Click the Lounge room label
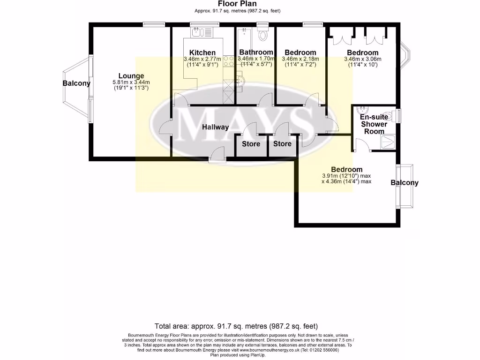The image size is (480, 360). click(131, 76)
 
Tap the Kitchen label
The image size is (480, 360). click(202, 52)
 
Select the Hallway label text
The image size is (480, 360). click(216, 127)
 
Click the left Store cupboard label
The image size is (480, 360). click(251, 144)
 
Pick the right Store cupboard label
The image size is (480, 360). click(282, 144)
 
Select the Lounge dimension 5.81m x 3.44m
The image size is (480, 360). click(131, 82)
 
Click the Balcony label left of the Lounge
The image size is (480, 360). click(76, 83)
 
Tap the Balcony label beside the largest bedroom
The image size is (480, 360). click(405, 183)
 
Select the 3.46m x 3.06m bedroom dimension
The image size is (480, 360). click(362, 59)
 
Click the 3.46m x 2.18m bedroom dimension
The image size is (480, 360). click(300, 59)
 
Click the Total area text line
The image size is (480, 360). click(236, 326)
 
